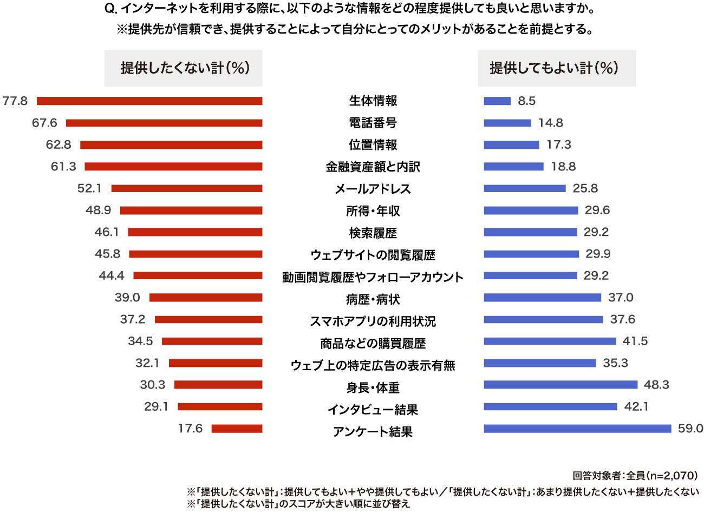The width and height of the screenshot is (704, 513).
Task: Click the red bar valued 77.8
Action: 149,101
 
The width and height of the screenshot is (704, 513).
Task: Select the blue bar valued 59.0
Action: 577,429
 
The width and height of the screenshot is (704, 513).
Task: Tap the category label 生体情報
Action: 373,101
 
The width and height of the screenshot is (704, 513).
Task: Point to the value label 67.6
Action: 44,123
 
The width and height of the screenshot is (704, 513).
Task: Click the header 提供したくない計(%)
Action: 184,68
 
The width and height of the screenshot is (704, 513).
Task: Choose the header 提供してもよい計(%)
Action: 556,68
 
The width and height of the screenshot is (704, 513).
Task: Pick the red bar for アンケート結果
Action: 237,429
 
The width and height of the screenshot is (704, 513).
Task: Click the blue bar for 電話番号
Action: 507,123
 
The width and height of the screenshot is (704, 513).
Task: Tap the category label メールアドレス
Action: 373,189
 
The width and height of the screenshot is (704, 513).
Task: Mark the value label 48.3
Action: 656,385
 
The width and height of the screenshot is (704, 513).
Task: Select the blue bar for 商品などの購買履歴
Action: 550,341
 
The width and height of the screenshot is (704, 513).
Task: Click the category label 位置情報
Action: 373,145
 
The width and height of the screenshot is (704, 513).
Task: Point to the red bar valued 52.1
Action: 187,188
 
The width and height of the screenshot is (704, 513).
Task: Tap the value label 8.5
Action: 526,101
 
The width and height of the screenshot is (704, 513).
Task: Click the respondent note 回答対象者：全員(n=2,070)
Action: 635,476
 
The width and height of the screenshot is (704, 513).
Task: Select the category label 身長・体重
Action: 373,387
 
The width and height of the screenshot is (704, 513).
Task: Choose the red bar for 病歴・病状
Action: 206,297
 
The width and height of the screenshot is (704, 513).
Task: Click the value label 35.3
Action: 615,363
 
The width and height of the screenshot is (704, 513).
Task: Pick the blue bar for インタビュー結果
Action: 550,406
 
